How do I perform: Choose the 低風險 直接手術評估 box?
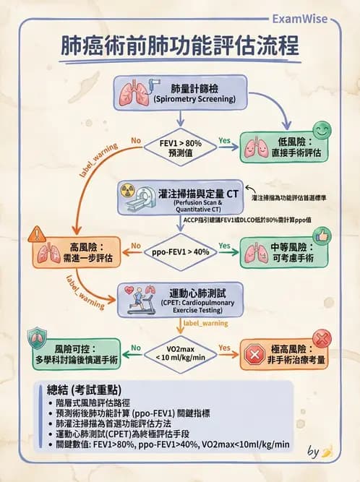tap(283, 149)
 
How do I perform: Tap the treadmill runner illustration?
tap(140, 298)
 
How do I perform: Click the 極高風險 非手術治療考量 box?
tap(283, 355)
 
